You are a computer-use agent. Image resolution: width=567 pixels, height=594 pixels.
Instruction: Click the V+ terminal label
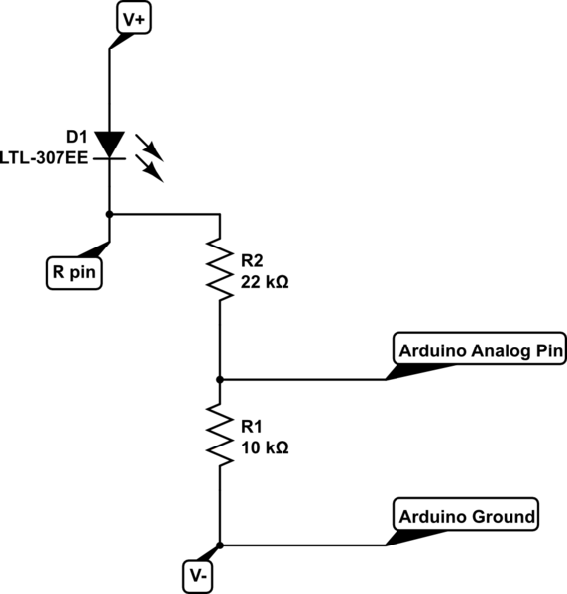[x=133, y=18]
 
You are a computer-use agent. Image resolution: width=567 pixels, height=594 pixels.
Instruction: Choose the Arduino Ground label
[x=467, y=516]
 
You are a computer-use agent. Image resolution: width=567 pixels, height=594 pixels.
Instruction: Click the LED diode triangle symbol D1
[x=109, y=145]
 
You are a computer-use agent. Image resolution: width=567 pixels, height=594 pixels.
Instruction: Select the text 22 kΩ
[x=264, y=281]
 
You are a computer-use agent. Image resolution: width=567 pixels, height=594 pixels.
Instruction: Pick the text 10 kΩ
[x=264, y=447]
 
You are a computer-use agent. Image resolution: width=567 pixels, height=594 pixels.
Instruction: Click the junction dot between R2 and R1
[x=219, y=379]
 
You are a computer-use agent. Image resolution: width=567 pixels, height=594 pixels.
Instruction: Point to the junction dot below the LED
[x=109, y=213]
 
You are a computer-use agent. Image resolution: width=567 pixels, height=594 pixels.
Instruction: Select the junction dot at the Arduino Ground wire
[x=219, y=544]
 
